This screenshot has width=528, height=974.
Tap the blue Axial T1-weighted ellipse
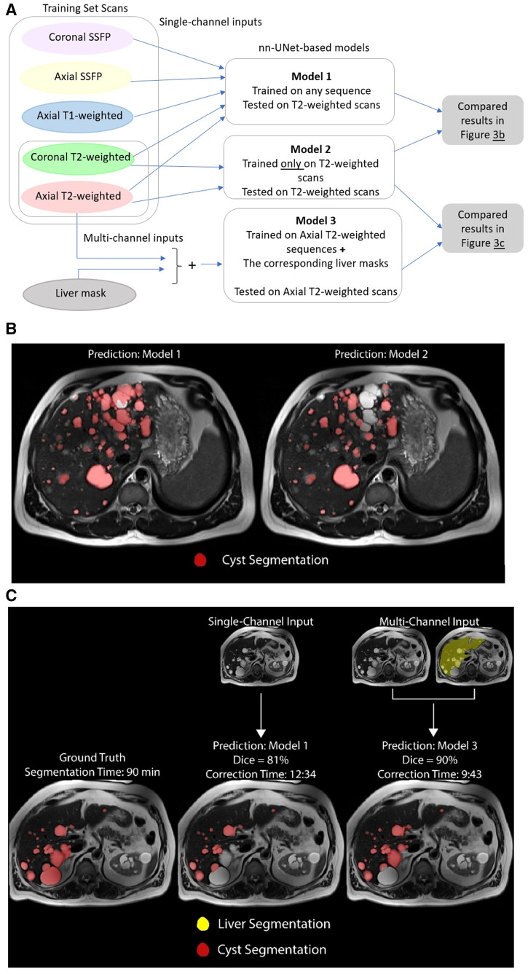pyautogui.click(x=77, y=115)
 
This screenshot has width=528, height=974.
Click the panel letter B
pyautogui.click(x=10, y=329)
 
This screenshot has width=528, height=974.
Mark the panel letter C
pyautogui.click(x=10, y=595)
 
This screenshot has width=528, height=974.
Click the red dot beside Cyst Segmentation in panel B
pyautogui.click(x=200, y=560)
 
